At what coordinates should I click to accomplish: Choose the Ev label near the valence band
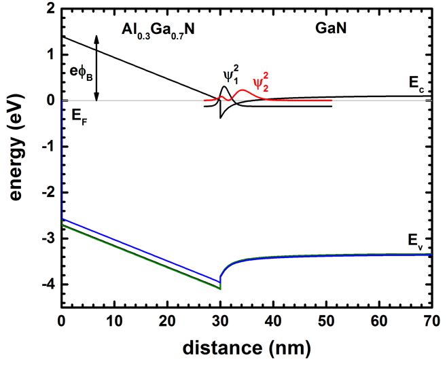click(x=416, y=240)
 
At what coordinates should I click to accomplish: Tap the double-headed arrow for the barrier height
click(x=97, y=68)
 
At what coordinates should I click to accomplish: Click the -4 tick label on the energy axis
click(x=47, y=285)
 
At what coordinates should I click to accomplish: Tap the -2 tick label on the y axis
click(x=47, y=193)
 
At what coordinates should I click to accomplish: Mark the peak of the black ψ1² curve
click(x=226, y=86)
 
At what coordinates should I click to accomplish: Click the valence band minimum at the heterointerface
click(x=220, y=289)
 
